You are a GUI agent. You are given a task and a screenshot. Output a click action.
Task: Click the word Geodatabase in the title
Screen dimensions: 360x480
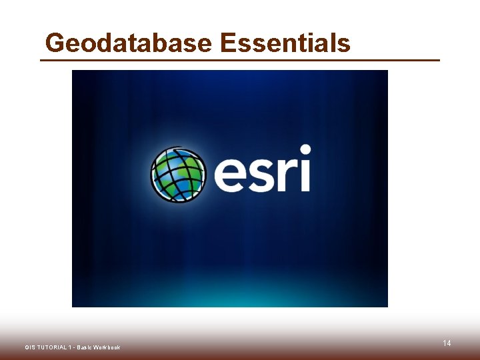pyautogui.click(x=128, y=43)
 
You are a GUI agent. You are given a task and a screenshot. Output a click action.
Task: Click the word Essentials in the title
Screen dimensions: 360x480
pyautogui.click(x=285, y=43)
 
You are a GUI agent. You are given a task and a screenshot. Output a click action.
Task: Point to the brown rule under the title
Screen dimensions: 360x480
pyautogui.click(x=240, y=60)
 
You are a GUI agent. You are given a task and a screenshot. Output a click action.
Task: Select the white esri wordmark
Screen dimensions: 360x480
pyautogui.click(x=262, y=170)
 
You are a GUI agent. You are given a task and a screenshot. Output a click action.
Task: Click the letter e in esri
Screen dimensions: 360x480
pyautogui.click(x=232, y=175)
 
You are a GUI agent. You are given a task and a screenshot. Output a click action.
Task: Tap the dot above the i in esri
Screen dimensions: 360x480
pyautogui.click(x=305, y=149)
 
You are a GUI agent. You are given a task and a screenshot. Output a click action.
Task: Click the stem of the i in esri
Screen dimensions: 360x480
pyautogui.click(x=305, y=176)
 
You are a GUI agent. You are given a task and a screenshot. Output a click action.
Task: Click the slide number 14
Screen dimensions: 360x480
pyautogui.click(x=447, y=343)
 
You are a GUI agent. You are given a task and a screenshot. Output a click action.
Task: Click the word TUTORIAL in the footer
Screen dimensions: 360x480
pyautogui.click(x=51, y=347)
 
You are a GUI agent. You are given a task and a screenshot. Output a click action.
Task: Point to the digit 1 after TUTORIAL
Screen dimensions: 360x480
pyautogui.click(x=69, y=347)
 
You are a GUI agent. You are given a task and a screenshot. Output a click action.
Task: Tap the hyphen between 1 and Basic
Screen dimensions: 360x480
pyautogui.click(x=73, y=347)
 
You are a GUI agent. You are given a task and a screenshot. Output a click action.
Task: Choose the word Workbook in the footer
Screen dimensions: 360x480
pyautogui.click(x=107, y=347)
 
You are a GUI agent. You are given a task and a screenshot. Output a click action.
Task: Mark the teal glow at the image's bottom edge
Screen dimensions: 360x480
pyautogui.click(x=230, y=293)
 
